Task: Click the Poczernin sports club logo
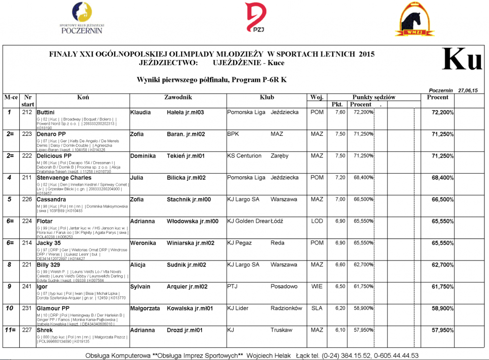point(82,18)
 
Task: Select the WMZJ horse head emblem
point(414,20)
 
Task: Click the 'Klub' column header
point(267,97)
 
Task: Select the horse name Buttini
point(46,112)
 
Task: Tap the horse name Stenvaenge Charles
point(64,178)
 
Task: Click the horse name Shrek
point(45,330)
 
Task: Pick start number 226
point(28,199)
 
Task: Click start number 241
point(28,286)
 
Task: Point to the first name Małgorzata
point(145,308)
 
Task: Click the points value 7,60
point(340,112)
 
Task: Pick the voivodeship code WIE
point(317,286)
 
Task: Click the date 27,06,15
point(468,90)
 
